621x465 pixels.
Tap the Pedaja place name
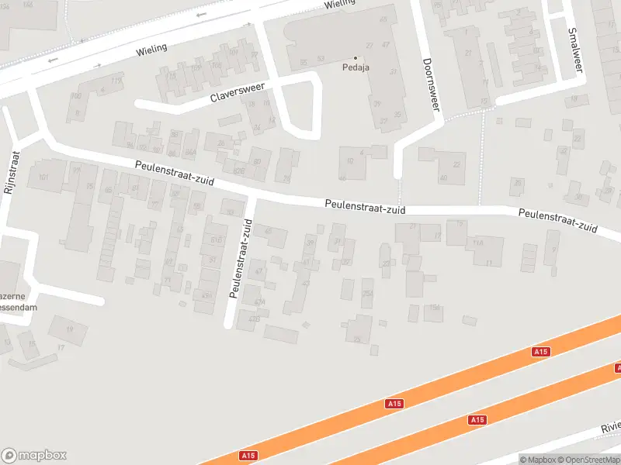point(356,67)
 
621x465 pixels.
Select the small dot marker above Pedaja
point(356,57)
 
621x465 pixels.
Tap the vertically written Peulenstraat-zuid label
point(241,258)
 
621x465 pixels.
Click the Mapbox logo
point(34,456)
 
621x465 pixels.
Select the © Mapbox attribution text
point(536,460)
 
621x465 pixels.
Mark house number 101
point(43,177)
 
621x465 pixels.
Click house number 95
point(90,187)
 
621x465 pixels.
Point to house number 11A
point(478,243)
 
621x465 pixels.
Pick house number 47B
point(253,319)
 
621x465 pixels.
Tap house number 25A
point(368,293)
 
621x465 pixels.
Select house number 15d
point(435,308)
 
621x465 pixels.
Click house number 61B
point(215,240)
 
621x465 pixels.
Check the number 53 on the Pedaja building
point(321,59)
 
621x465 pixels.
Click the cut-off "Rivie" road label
point(610,427)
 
